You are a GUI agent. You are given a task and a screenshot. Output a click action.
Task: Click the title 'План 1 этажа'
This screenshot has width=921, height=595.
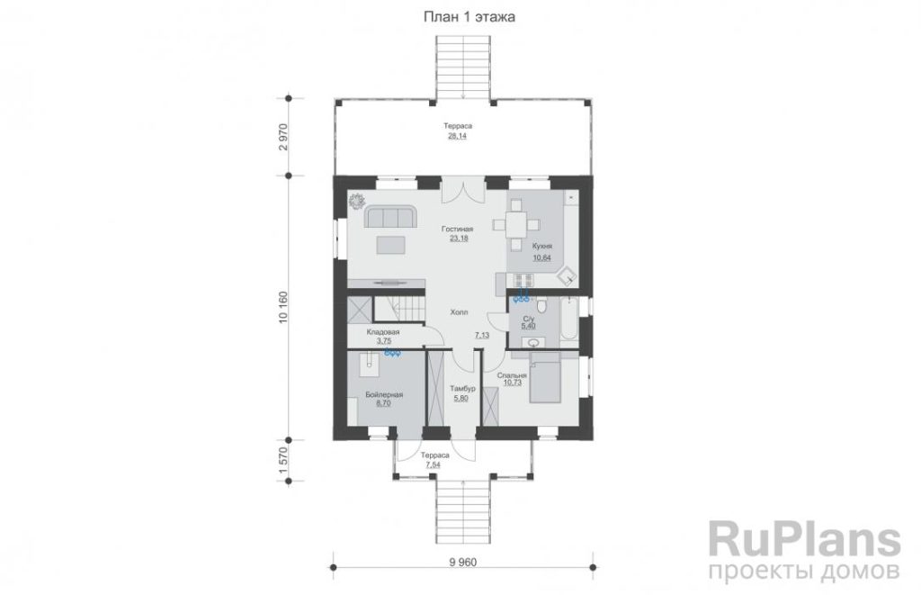(x=469, y=17)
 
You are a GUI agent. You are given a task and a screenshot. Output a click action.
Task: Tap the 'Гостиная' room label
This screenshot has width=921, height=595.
(x=458, y=229)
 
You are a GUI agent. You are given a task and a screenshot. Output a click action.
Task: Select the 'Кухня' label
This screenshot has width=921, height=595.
(x=542, y=247)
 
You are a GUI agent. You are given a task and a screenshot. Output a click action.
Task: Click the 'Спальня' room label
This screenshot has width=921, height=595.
(x=512, y=375)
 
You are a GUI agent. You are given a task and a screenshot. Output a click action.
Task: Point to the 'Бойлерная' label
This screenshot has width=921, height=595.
(x=384, y=395)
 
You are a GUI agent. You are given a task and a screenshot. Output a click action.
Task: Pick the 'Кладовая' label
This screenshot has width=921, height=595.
(x=383, y=332)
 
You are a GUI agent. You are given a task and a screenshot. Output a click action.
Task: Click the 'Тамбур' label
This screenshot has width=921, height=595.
(x=462, y=389)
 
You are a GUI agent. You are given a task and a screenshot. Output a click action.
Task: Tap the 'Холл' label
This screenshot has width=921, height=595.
(x=459, y=312)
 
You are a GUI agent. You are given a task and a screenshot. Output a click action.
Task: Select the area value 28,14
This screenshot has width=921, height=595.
(x=458, y=136)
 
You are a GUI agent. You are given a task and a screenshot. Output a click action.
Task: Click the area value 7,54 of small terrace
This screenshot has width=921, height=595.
(x=434, y=464)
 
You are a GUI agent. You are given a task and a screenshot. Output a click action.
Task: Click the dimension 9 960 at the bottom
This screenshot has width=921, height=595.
(x=463, y=563)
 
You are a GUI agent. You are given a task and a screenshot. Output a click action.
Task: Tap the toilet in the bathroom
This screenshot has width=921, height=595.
(x=541, y=306)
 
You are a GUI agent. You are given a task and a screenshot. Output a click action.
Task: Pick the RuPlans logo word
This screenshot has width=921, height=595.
(x=805, y=539)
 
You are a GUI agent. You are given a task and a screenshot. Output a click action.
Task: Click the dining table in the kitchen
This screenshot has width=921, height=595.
(x=515, y=225)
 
